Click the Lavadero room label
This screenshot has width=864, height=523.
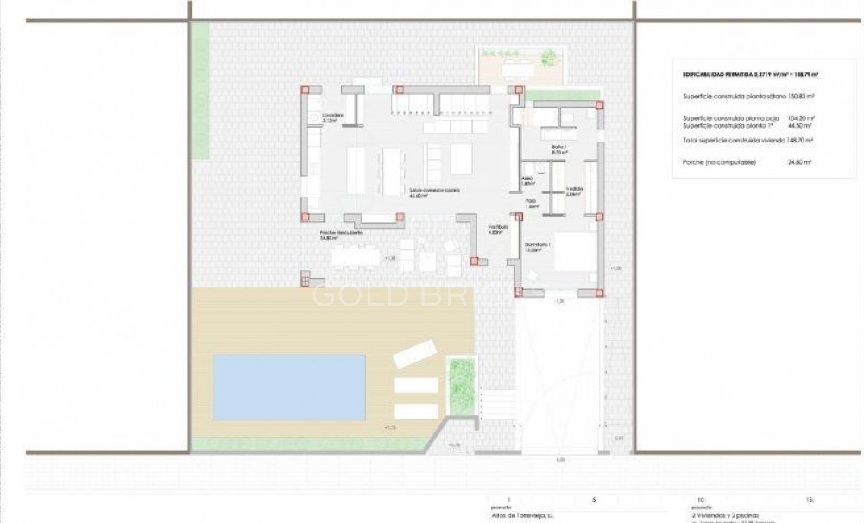pos(333,117)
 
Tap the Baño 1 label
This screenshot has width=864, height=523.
pos(558,148)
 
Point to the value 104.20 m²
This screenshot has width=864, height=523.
pos(802,118)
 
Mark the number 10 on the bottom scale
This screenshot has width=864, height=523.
pos(699,499)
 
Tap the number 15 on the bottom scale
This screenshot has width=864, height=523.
pos(809,499)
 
